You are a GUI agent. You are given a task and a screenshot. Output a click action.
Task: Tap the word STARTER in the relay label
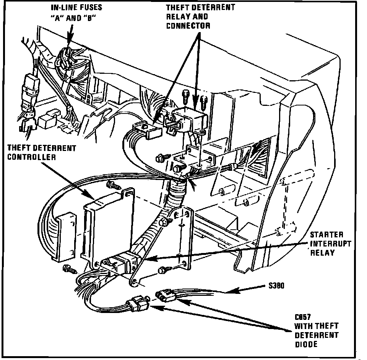[321, 235]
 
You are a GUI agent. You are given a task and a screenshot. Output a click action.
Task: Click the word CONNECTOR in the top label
[188, 26]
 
